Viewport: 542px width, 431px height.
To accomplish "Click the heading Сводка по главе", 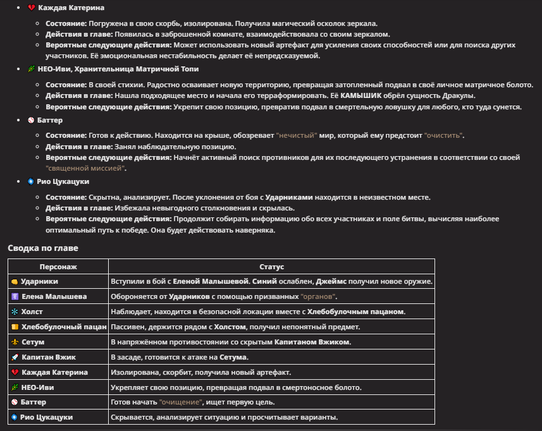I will (x=42, y=248).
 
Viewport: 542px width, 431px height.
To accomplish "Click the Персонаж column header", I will (x=58, y=267).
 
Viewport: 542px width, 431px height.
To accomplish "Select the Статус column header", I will (x=272, y=267).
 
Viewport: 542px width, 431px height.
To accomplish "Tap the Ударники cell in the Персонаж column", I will (x=39, y=281).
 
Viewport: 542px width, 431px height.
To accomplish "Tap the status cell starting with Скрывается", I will (x=225, y=417).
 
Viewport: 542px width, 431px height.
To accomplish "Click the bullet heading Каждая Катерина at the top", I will (x=71, y=8).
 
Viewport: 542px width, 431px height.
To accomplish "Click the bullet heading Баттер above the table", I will (x=51, y=120).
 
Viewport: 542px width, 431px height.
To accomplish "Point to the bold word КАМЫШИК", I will (x=362, y=95).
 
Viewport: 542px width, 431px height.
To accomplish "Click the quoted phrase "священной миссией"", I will (x=86, y=168).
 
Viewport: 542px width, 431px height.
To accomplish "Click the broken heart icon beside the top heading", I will (x=31, y=8).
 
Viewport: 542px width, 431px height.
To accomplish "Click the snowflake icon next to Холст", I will (x=15, y=312).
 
